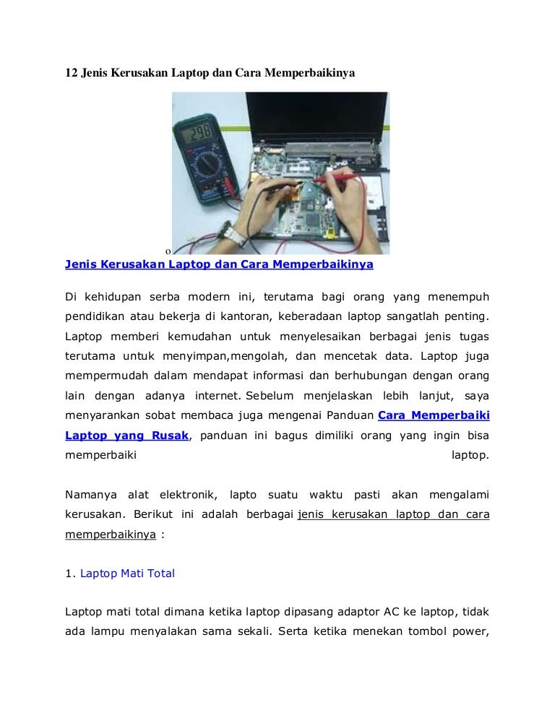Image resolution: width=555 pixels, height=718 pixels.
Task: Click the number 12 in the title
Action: [72, 74]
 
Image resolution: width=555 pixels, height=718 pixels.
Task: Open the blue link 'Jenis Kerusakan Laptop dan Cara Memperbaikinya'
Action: [219, 264]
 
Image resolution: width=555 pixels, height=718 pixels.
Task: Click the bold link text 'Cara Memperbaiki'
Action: [434, 416]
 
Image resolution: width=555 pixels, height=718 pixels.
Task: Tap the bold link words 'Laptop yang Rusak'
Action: [127, 436]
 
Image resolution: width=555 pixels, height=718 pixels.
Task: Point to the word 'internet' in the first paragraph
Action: [219, 396]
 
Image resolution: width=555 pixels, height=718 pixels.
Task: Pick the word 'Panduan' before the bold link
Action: [352, 416]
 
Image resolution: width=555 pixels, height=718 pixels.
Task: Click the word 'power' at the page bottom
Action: [470, 633]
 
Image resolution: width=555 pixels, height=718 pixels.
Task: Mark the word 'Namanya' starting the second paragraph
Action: [90, 495]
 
